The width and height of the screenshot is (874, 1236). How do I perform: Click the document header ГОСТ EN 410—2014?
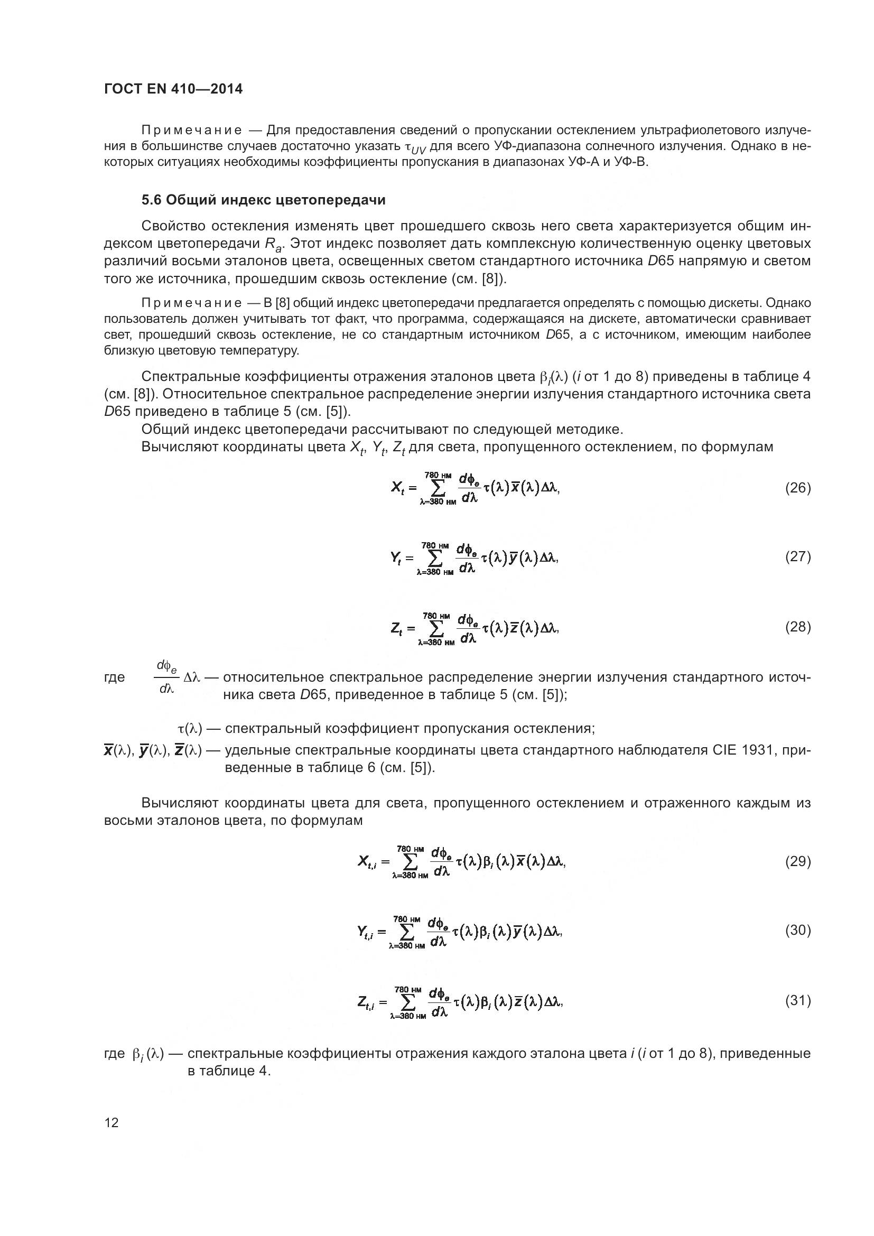(x=173, y=89)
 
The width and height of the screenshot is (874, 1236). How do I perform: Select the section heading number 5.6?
(x=151, y=200)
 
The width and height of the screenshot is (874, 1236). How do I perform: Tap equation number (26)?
(x=797, y=488)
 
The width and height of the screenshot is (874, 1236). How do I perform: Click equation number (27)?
(x=797, y=556)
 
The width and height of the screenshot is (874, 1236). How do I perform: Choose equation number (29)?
(x=797, y=861)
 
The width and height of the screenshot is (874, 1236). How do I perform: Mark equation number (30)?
(x=797, y=930)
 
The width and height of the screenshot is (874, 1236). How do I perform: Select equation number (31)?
(x=797, y=1000)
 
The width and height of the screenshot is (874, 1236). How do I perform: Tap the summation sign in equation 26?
(x=438, y=489)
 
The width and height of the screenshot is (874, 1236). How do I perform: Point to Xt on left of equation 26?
(x=397, y=489)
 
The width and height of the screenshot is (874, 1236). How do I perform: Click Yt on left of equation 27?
(x=396, y=559)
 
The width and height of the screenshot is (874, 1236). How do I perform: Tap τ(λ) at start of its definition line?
(x=190, y=729)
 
